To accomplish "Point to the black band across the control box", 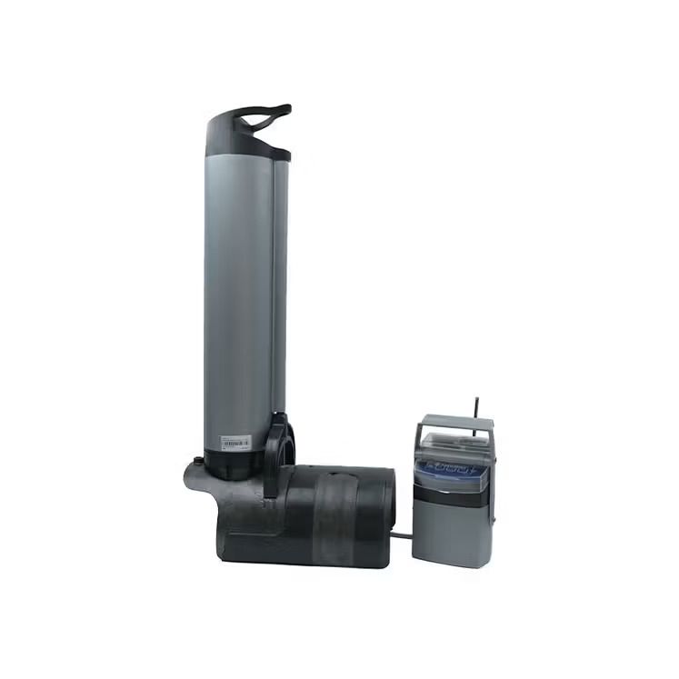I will pyautogui.click(x=452, y=496).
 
